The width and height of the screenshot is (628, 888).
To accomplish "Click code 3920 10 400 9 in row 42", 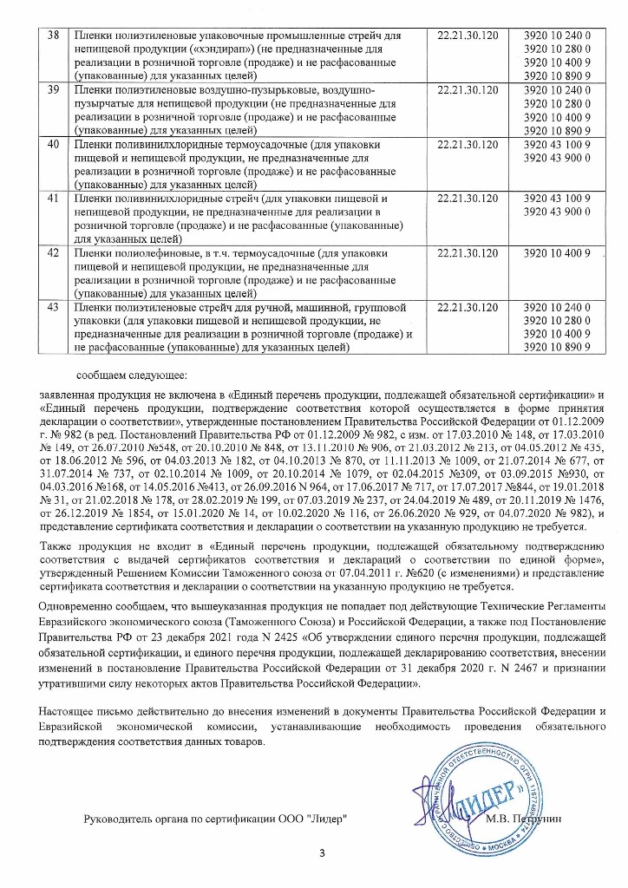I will (556, 252).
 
